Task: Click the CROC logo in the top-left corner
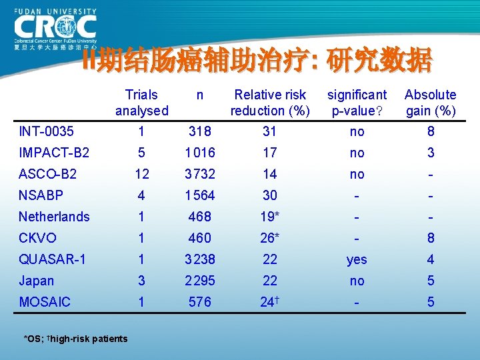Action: [x=55, y=29]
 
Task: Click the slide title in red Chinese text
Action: [x=257, y=61]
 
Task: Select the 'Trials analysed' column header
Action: [x=141, y=103]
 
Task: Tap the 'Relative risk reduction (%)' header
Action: [x=270, y=103]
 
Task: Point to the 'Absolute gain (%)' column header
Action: [x=430, y=103]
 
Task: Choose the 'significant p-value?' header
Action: [x=357, y=103]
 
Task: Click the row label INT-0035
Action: [x=46, y=131]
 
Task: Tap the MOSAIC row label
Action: [x=44, y=302]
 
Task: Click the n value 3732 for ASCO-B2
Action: [x=199, y=174]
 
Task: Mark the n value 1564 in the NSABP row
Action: [x=199, y=195]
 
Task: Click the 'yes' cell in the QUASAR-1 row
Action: [x=357, y=260]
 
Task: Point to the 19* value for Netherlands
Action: [x=270, y=217]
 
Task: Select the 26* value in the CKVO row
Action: [x=270, y=238]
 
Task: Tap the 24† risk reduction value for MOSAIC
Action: [x=270, y=302]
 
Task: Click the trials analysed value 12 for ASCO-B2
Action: [x=141, y=174]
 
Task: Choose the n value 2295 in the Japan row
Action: [x=199, y=281]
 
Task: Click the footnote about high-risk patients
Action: [x=75, y=339]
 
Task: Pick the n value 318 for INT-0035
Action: [x=199, y=131]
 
